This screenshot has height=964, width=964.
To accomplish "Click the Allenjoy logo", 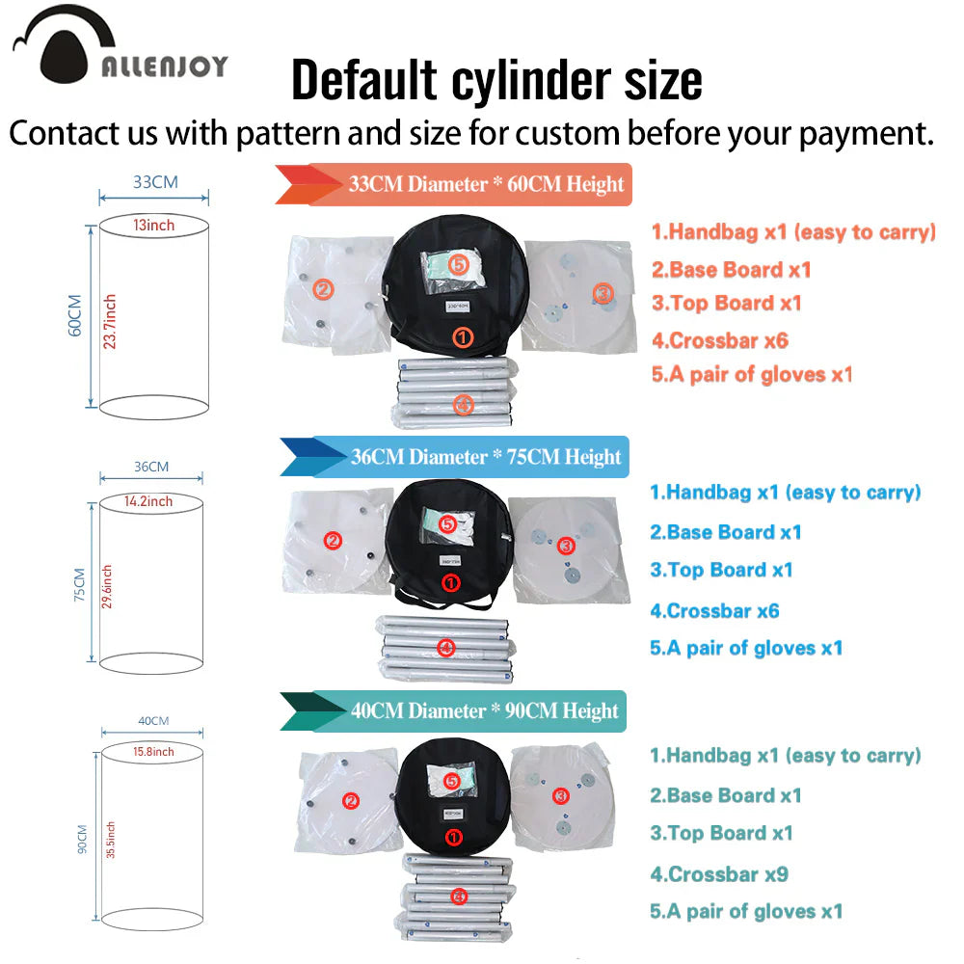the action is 120,46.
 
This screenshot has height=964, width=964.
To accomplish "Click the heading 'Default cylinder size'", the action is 496,80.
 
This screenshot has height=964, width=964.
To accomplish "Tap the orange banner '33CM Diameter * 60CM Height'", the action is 454,184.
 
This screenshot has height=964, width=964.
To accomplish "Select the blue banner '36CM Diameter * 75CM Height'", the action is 455,457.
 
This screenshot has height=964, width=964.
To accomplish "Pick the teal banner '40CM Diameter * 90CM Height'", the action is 454,711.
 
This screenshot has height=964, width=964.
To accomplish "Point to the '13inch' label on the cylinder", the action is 153,226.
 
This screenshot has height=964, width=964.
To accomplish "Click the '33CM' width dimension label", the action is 155,182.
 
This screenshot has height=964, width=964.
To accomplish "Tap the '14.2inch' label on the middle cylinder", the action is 148,501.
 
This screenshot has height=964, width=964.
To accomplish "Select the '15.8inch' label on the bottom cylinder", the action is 153,752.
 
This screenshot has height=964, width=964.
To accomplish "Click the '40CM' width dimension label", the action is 153,720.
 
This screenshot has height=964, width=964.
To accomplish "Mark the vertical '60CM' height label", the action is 74,315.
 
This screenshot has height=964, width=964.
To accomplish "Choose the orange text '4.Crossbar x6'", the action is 720,340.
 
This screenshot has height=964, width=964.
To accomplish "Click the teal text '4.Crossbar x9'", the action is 719,874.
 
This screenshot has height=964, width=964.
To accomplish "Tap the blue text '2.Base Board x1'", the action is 726,532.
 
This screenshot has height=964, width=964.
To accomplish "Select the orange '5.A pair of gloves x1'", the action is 753,374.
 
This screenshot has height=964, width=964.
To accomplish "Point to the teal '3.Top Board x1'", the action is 722,833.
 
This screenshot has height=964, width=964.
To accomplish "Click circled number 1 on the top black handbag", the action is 463,336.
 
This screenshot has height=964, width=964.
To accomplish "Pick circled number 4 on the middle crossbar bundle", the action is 445,648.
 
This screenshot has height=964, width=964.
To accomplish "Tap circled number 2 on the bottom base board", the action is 351,801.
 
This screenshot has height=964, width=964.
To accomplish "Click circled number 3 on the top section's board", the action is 603,293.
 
